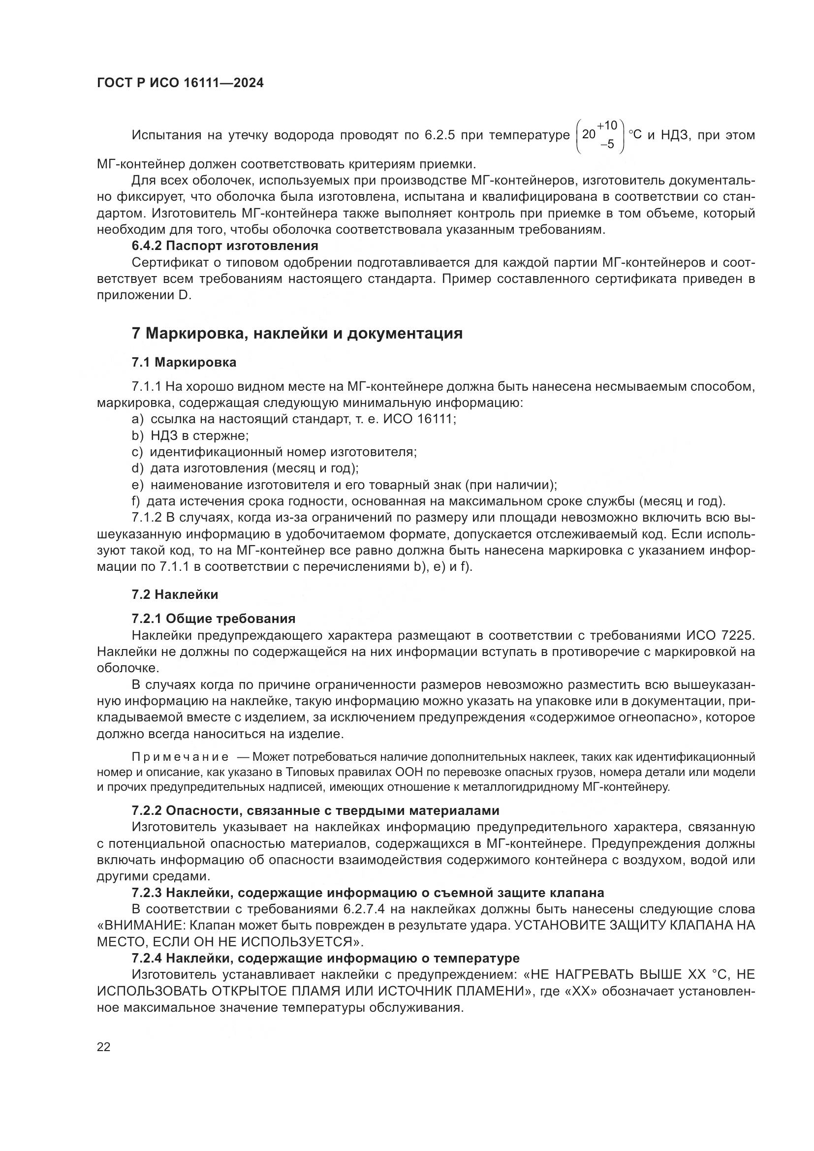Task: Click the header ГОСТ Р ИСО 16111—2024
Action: [180, 83]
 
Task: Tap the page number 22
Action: [104, 1047]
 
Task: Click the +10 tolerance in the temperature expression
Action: [607, 125]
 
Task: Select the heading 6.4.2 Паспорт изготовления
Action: [225, 246]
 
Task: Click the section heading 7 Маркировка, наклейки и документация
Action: [297, 333]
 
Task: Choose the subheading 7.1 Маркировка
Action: [184, 362]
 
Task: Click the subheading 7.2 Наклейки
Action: [175, 595]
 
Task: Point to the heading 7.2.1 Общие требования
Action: [214, 619]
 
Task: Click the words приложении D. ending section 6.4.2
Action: [144, 295]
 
